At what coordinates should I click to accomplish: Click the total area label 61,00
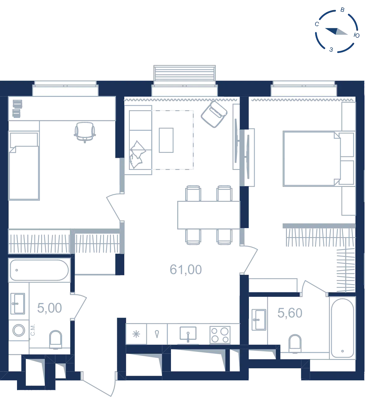pyautogui.click(x=185, y=270)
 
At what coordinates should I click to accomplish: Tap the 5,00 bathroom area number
pyautogui.click(x=49, y=308)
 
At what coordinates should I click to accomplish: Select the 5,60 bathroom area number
pyautogui.click(x=289, y=313)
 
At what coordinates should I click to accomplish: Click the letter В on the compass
pyautogui.click(x=342, y=10)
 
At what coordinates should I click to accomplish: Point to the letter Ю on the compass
pyautogui.click(x=356, y=36)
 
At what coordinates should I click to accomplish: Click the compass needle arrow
pyautogui.click(x=336, y=31)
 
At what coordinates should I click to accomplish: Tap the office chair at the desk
pyautogui.click(x=85, y=132)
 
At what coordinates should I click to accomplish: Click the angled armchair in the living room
pyautogui.click(x=214, y=114)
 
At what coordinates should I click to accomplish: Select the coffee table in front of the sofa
pyautogui.click(x=166, y=140)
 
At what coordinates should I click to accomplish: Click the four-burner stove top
pyautogui.click(x=220, y=335)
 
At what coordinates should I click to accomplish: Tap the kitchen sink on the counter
pyautogui.click(x=188, y=334)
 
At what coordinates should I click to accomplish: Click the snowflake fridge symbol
pyautogui.click(x=136, y=334)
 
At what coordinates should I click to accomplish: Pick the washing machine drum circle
pyautogui.click(x=19, y=330)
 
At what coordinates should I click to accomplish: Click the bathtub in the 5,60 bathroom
pyautogui.click(x=342, y=328)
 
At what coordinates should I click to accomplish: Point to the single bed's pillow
pyautogui.click(x=24, y=140)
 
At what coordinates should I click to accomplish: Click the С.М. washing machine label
pyautogui.click(x=33, y=330)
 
